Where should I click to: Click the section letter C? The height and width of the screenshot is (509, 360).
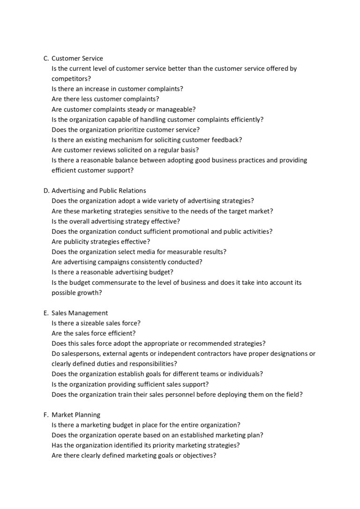[x=45, y=58]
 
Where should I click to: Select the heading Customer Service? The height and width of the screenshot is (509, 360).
[x=77, y=58]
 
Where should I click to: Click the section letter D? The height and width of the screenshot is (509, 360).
[x=46, y=191]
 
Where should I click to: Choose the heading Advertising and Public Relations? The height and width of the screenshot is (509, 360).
[x=98, y=191]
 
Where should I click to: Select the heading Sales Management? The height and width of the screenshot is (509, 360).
[x=80, y=313]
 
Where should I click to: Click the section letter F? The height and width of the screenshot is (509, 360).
[x=45, y=415]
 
